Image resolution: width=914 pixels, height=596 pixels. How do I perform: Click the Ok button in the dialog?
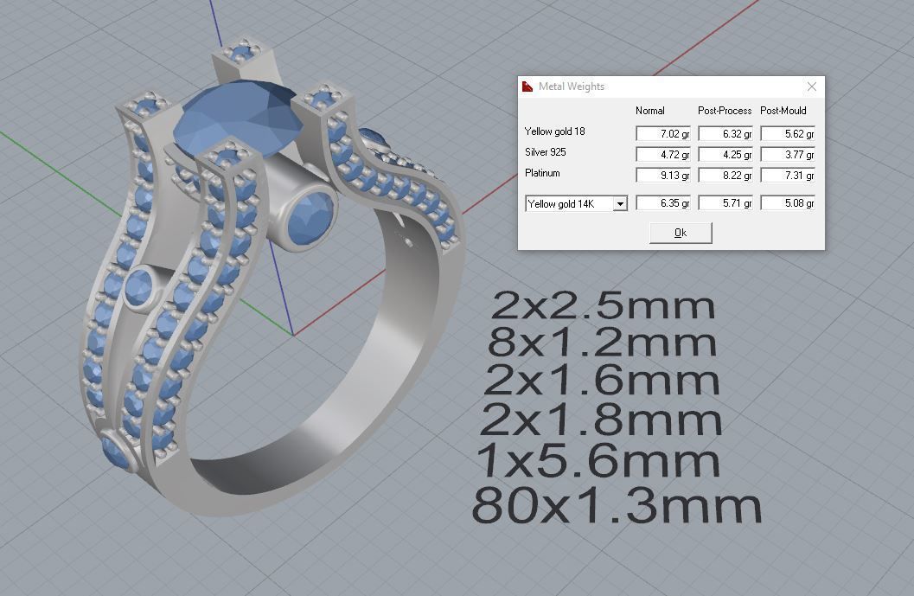pos(680,233)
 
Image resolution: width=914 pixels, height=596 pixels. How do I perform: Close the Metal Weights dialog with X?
pos(811,87)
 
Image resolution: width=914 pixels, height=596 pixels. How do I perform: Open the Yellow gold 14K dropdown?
pos(619,204)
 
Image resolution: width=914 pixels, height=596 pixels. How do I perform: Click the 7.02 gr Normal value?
pos(663,133)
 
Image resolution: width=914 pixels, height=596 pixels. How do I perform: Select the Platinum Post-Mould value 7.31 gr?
pos(788,175)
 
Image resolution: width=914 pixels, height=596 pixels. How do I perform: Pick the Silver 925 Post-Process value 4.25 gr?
pos(725,155)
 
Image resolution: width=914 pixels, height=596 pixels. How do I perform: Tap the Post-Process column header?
pos(725,111)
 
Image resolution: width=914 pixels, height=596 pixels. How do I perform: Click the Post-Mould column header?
pos(783,111)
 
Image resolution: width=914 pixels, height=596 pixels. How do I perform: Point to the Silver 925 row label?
pos(546,153)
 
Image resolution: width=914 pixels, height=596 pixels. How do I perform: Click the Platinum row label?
pos(542,173)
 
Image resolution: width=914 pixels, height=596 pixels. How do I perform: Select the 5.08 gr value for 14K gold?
pos(788,203)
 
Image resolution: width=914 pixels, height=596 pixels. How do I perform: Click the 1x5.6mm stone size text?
pos(598,461)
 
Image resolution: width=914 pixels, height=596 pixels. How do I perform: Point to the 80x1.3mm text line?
pos(617,505)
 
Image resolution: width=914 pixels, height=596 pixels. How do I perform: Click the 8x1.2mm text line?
pos(602,343)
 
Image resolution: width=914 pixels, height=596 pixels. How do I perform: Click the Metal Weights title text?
pos(572,87)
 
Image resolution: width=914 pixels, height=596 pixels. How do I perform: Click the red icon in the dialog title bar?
pos(527,87)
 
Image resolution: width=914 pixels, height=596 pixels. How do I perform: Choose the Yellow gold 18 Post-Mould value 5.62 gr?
pos(788,133)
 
